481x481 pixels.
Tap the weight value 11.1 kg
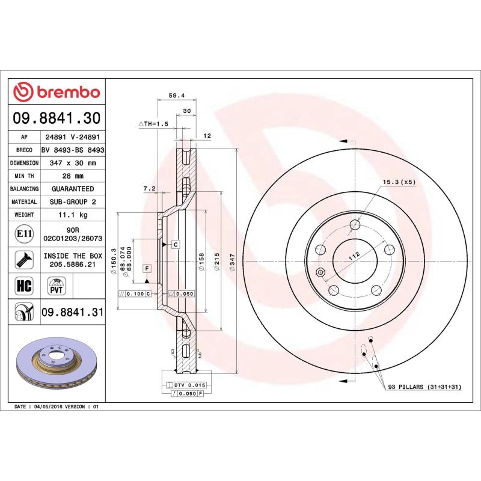[73, 215]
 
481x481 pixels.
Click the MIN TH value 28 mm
[73, 176]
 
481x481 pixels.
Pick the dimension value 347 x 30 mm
[73, 163]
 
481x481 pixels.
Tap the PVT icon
[56, 286]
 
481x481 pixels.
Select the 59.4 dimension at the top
[176, 94]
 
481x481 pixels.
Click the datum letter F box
[146, 267]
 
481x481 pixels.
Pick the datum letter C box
[176, 245]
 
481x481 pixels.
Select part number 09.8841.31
[73, 313]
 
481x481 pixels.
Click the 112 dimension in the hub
[355, 256]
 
